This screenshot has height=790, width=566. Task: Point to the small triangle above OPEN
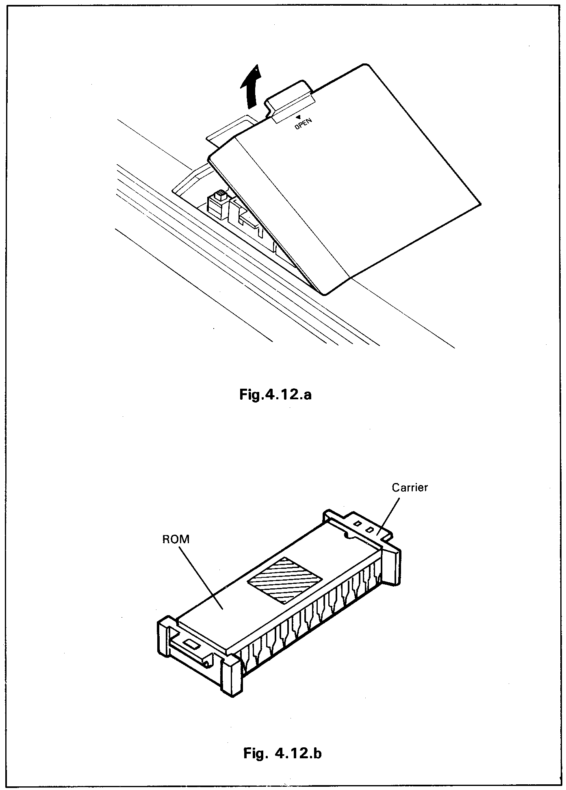[304, 116]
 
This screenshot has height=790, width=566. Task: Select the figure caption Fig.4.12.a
[275, 394]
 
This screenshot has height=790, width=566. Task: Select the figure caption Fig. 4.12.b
[282, 753]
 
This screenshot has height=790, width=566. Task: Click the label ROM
[176, 540]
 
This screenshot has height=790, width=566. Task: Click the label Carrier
[410, 487]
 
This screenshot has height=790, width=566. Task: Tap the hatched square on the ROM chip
[285, 580]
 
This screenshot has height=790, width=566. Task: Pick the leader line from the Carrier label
[388, 517]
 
